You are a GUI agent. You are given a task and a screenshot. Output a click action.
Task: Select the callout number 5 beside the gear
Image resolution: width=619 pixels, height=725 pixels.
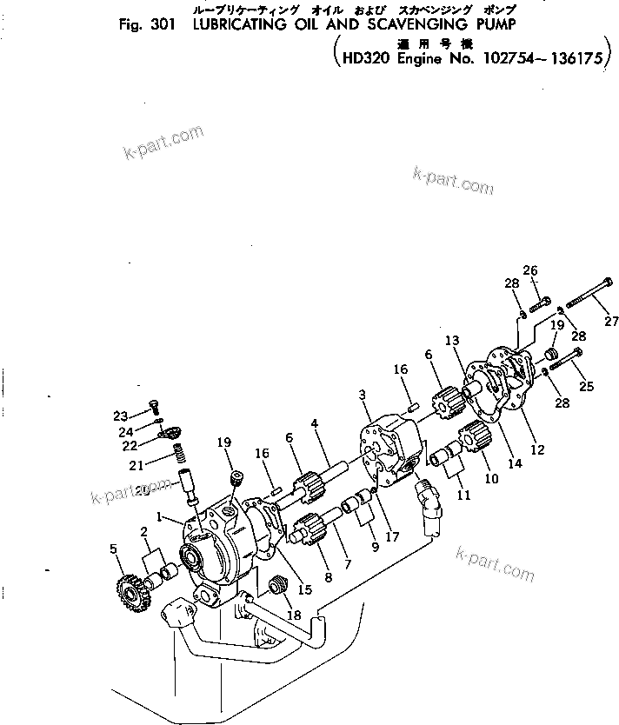[x=112, y=548]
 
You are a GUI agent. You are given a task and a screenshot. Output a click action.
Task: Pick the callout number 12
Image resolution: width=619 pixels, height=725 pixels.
[x=537, y=450]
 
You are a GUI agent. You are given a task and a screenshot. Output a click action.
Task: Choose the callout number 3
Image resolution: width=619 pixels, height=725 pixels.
[x=363, y=396]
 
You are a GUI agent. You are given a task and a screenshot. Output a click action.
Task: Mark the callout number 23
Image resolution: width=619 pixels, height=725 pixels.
[x=120, y=414]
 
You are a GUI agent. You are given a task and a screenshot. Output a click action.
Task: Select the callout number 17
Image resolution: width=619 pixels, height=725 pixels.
[x=392, y=536]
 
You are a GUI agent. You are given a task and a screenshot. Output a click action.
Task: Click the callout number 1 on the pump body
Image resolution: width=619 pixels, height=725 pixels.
[x=159, y=515]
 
